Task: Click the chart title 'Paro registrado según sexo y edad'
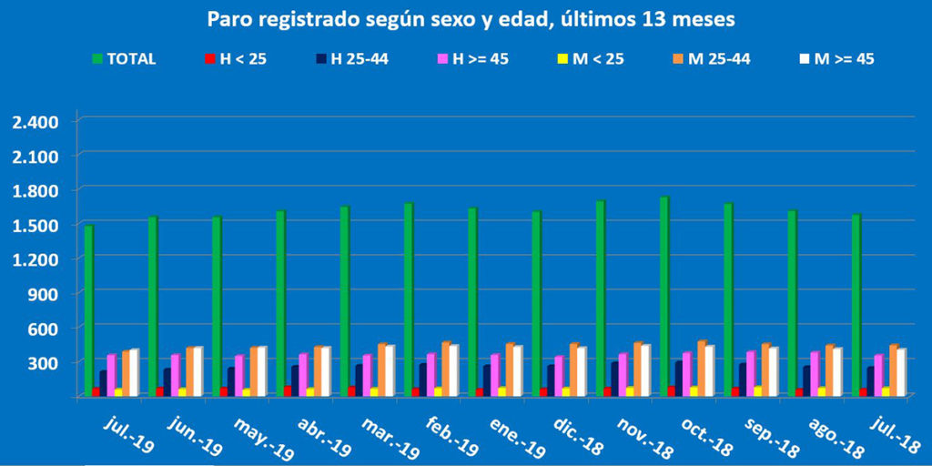pyautogui.click(x=471, y=18)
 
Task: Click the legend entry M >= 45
pyautogui.click(x=841, y=59)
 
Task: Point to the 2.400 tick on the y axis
pyautogui.click(x=35, y=122)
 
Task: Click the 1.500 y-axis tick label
pyautogui.click(x=35, y=225)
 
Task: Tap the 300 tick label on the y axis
pyautogui.click(x=45, y=362)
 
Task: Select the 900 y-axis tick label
pyautogui.click(x=45, y=293)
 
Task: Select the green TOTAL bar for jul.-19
pyautogui.click(x=88, y=309)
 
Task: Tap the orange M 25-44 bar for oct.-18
pyautogui.click(x=702, y=369)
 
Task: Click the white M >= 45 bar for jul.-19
pyautogui.click(x=134, y=372)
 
